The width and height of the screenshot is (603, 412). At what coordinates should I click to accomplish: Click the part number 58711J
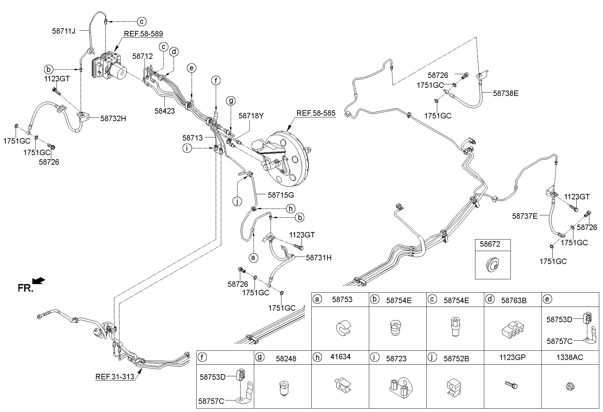64,31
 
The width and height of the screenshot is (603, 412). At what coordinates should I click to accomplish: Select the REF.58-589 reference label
143,34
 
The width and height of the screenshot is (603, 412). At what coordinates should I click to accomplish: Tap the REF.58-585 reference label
316,113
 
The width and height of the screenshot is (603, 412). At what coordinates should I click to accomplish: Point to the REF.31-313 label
114,377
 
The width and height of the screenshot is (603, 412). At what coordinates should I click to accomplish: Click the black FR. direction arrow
39,280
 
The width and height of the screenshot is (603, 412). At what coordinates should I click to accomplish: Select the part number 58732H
113,118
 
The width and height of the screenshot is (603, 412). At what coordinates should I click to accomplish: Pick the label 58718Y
251,116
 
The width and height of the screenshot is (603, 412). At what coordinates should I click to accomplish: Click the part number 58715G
281,195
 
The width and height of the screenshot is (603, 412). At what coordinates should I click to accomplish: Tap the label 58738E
506,93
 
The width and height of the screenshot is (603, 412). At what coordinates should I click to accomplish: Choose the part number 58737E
525,216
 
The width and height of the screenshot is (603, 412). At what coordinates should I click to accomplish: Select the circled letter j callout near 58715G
237,201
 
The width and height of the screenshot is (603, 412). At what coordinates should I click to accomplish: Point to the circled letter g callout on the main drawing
231,101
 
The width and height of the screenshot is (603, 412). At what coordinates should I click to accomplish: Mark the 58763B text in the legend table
514,300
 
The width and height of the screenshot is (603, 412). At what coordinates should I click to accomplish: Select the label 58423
164,111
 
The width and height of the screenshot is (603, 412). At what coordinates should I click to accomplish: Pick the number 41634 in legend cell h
340,357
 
